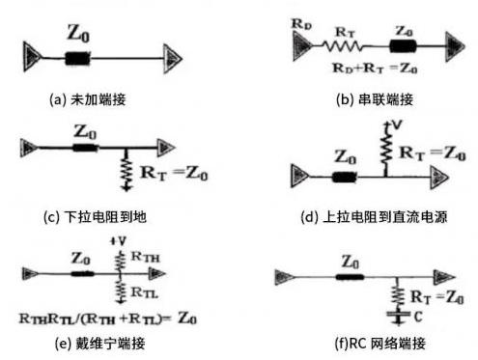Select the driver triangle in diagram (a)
27,57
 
